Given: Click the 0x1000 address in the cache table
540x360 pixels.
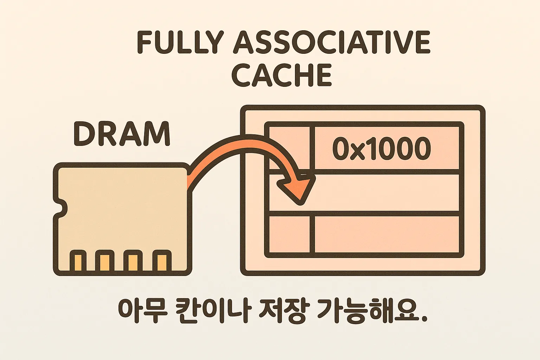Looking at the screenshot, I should [x=381, y=148].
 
